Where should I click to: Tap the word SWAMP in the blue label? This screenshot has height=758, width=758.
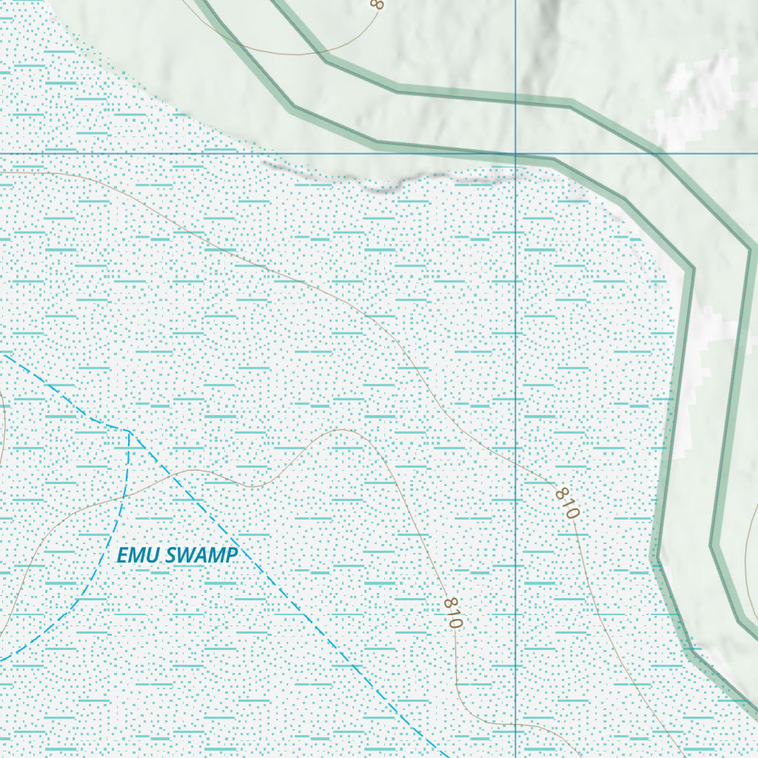(202, 555)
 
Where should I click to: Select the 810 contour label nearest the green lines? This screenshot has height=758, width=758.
(567, 502)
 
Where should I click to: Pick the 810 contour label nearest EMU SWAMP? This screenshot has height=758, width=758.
(452, 612)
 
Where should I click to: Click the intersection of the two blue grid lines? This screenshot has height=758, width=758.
(516, 153)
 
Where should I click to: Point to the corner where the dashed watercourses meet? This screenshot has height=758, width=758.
(129, 430)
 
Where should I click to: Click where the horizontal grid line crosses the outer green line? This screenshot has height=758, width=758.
(656, 153)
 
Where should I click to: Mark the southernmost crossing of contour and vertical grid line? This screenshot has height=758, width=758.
(516, 724)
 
